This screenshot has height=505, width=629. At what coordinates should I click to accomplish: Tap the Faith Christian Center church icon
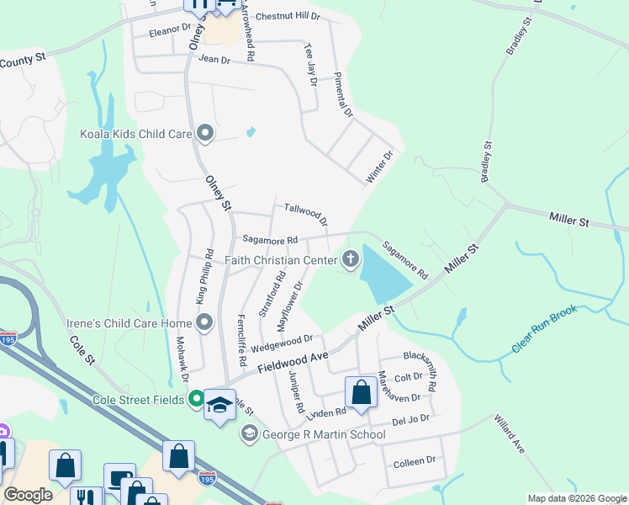351,260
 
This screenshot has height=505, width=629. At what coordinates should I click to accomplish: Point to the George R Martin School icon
249,434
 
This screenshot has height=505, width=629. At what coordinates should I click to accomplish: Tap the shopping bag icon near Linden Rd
361,391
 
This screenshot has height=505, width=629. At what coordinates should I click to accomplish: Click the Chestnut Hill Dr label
288,16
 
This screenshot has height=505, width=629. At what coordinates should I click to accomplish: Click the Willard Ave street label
510,433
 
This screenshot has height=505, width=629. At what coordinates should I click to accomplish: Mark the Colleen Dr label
415,460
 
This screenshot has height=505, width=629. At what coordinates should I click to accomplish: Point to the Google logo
28,495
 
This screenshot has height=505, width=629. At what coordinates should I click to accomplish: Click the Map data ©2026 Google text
576,498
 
